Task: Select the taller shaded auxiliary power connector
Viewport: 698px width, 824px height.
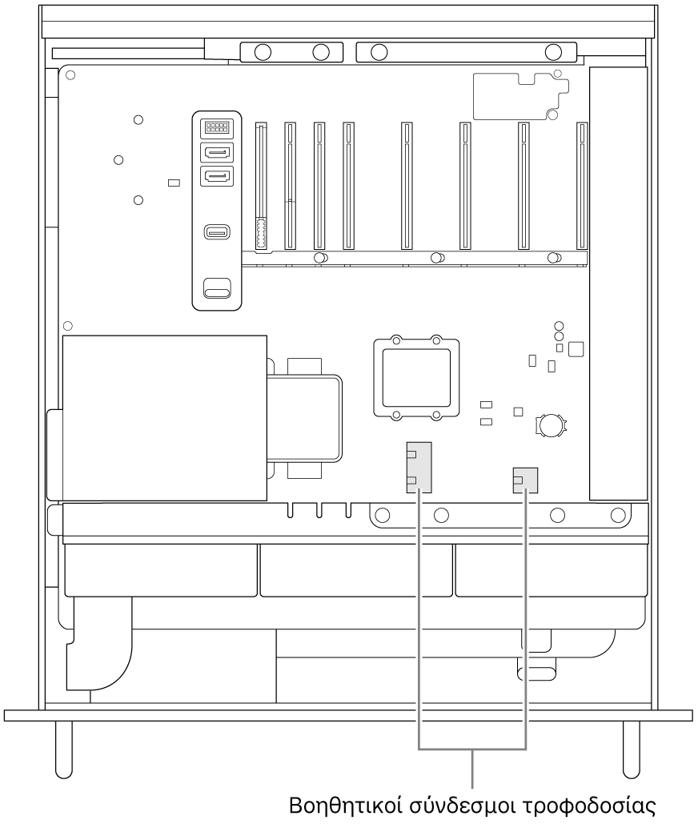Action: click(x=419, y=467)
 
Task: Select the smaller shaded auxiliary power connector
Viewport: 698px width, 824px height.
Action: click(x=525, y=480)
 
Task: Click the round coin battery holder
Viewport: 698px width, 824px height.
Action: click(x=551, y=424)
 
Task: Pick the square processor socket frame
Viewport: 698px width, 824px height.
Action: click(x=416, y=378)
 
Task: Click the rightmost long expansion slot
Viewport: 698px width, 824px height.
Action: click(x=582, y=186)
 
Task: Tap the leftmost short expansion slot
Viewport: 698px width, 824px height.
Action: click(x=261, y=186)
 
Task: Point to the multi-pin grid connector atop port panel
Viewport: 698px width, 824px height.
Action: click(x=217, y=127)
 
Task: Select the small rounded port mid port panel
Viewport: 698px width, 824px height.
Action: click(x=217, y=231)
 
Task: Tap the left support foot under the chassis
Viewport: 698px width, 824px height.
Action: click(x=63, y=750)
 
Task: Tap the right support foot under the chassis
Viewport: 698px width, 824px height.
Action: click(x=632, y=750)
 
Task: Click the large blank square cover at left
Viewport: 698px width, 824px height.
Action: click(x=164, y=418)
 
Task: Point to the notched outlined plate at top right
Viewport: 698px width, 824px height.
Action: click(x=521, y=97)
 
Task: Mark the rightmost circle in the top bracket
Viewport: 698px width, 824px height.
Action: click(x=553, y=52)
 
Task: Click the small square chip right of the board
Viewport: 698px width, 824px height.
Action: click(x=576, y=349)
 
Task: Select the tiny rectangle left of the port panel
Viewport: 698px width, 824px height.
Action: click(x=174, y=183)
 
